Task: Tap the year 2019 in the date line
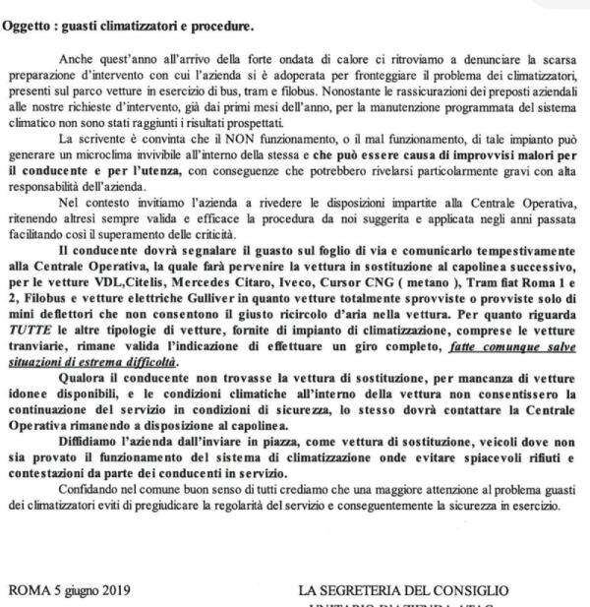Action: (x=115, y=591)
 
